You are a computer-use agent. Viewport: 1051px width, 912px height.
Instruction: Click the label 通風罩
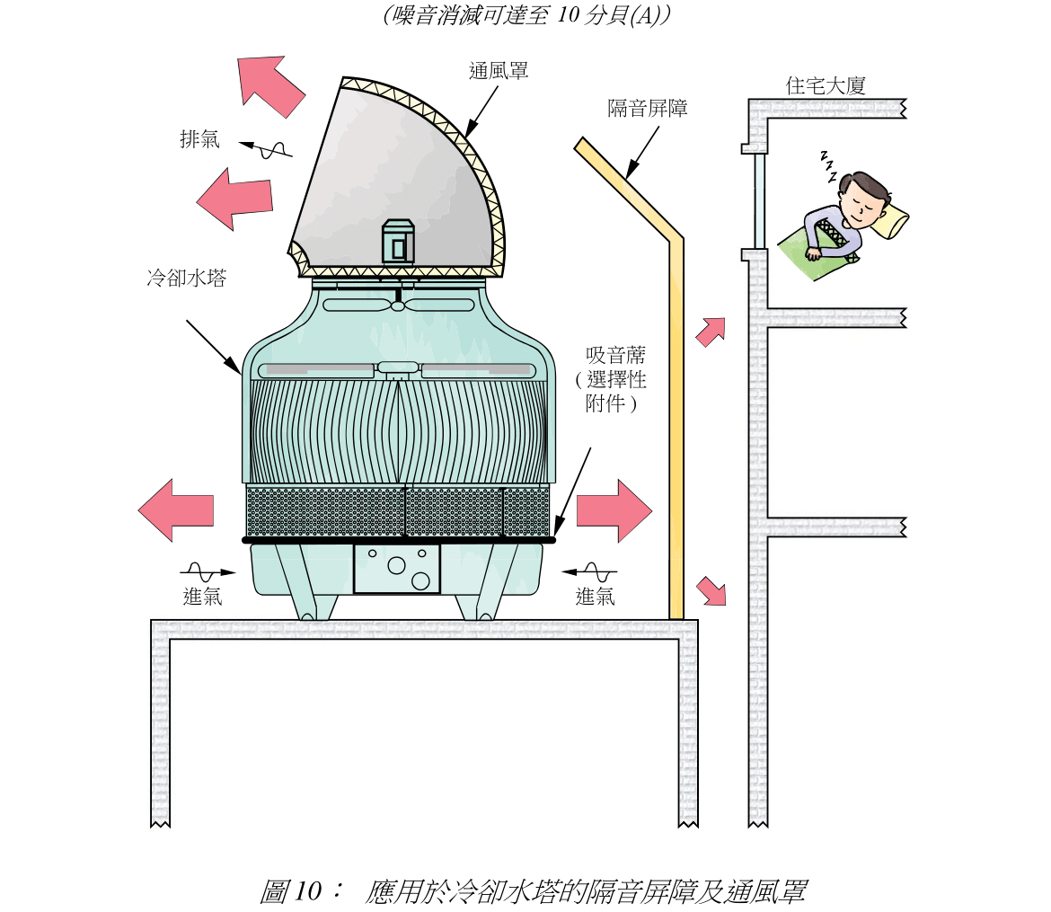coord(499,70)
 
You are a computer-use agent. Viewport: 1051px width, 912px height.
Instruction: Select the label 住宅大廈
coord(825,86)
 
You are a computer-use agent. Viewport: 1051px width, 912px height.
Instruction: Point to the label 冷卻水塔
coord(187,279)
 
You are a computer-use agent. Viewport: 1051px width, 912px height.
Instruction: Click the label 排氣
coord(199,139)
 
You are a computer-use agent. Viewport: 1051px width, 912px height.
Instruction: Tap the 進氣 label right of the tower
coord(595,596)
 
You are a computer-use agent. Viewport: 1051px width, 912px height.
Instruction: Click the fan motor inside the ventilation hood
coord(398,241)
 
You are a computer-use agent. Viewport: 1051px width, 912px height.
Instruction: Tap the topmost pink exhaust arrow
coord(270,85)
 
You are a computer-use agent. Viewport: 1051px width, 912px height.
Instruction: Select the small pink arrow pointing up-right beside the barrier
coord(711,332)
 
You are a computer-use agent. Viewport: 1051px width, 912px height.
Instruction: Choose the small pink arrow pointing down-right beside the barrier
coord(711,591)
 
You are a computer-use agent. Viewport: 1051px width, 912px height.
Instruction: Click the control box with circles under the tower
coord(397,568)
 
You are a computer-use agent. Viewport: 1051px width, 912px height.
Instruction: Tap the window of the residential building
coord(760,200)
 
